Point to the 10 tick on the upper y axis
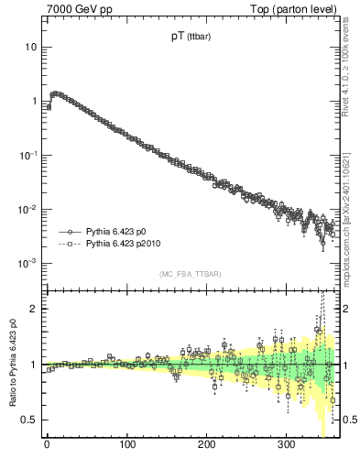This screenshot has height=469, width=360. click(x=30, y=46)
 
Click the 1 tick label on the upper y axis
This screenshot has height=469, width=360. click(x=33, y=101)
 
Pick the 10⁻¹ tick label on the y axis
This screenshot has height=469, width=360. click(x=28, y=155)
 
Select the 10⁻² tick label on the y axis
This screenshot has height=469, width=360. click(x=28, y=209)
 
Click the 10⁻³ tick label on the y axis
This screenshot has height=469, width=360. click(x=28, y=263)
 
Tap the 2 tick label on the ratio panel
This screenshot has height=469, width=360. click(x=33, y=309)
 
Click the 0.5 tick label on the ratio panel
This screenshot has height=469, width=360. click(x=29, y=420)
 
